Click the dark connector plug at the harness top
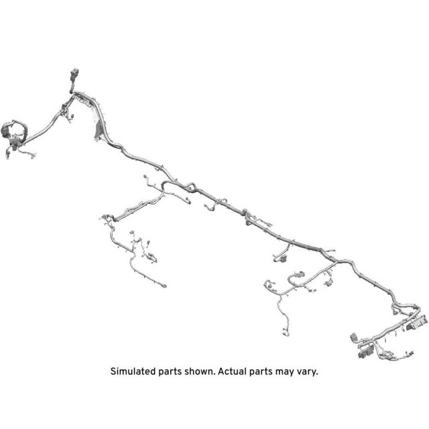(74, 74)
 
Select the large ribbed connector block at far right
(416, 323)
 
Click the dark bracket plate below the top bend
(99, 131)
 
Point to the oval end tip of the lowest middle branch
(164, 286)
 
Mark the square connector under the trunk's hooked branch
(284, 257)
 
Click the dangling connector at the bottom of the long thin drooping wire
(285, 332)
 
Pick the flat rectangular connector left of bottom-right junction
(354, 337)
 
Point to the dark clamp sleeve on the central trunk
(245, 212)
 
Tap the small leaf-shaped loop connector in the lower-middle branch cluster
(153, 258)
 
